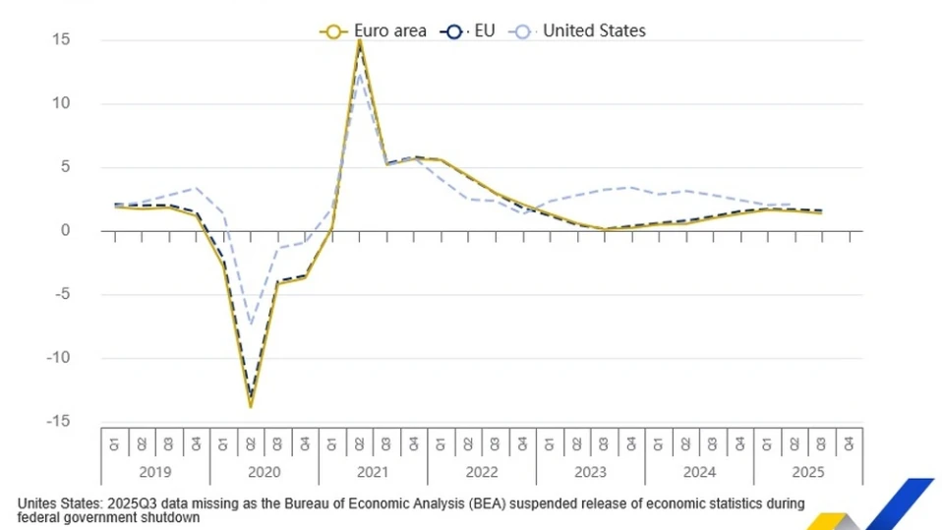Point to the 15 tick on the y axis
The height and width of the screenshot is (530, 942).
click(x=62, y=39)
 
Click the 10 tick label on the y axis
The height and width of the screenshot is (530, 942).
click(x=62, y=103)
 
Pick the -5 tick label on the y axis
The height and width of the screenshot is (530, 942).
click(x=62, y=294)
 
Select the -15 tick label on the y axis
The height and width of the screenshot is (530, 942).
click(x=59, y=421)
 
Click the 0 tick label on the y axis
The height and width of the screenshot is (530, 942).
click(x=66, y=230)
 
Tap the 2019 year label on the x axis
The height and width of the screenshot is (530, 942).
click(x=155, y=472)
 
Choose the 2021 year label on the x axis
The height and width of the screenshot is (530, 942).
click(x=373, y=472)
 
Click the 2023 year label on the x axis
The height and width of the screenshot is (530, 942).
click(x=590, y=472)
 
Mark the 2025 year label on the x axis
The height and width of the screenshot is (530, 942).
click(x=807, y=472)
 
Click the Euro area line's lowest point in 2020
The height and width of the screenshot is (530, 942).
click(x=251, y=405)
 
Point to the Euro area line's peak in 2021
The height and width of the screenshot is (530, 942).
click(x=359, y=40)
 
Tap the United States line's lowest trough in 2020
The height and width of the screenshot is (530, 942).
click(x=251, y=324)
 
